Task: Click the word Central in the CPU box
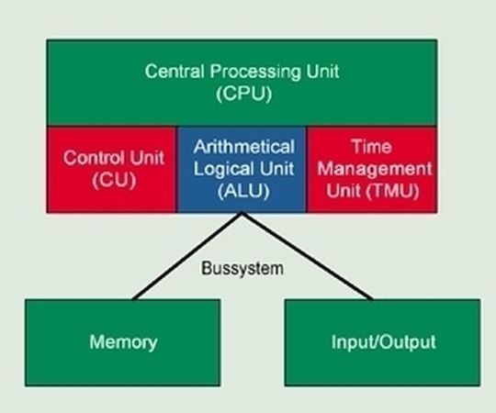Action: coord(175,71)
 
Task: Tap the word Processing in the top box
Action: coord(255,72)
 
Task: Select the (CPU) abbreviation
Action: coord(244,94)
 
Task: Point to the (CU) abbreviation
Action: coord(114,180)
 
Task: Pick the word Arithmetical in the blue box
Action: coord(244,147)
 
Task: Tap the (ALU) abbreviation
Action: coord(243,191)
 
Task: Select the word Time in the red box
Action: coord(371,147)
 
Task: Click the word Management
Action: coord(375,169)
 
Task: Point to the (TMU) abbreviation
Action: coord(392,191)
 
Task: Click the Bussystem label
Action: coord(242,269)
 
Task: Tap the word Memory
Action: coord(123,342)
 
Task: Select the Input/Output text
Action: coord(383,342)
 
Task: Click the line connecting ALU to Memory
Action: coord(187,255)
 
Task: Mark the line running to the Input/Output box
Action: coord(307,255)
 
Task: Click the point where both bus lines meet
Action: coord(242,213)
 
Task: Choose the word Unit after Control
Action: coord(147,157)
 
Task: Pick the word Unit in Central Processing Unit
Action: coord(322,71)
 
